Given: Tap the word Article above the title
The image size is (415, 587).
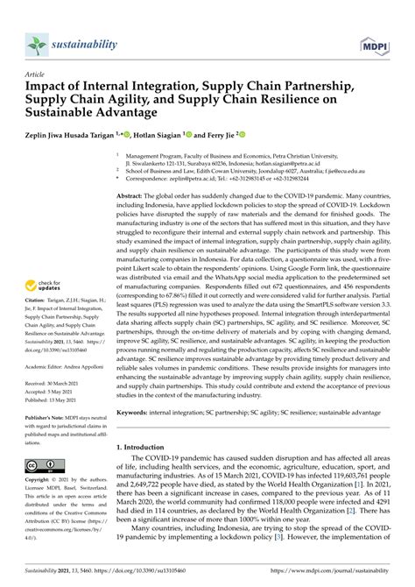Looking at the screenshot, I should pos(36,74).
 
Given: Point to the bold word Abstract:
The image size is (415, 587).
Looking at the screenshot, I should pos(144,173).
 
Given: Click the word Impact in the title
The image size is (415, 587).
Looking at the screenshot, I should pos(53,88).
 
